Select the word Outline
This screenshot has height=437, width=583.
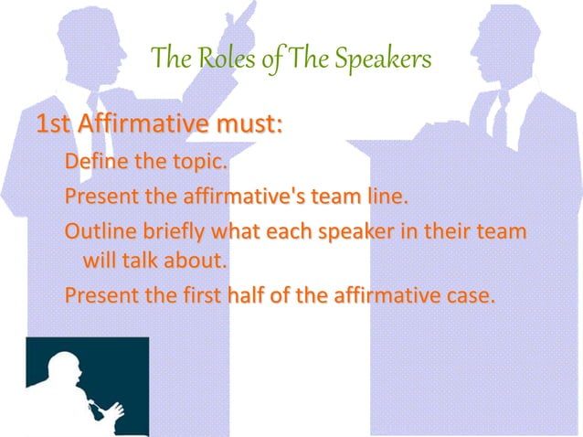coord(95,230)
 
